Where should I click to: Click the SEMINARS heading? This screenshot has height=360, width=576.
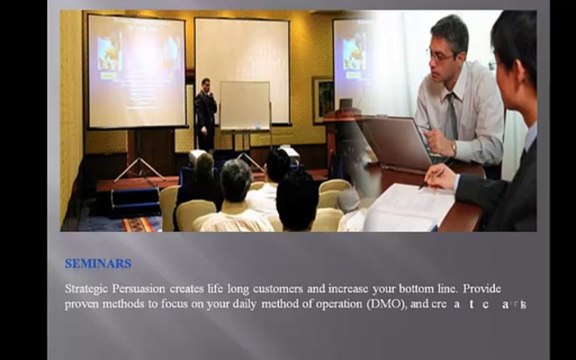pos(98,264)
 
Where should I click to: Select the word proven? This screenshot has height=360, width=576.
pos(84,304)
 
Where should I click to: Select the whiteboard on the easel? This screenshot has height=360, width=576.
pos(244,105)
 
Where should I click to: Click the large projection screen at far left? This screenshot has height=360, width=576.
pos(137,69)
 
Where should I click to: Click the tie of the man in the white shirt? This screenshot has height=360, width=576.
pos(451,115)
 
